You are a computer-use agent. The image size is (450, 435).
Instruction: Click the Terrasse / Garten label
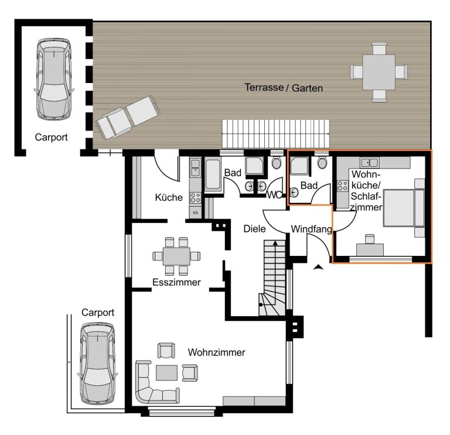tap(284, 87)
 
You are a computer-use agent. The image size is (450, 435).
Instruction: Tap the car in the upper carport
tap(54, 79)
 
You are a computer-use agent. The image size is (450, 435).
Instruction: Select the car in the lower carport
tap(98, 364)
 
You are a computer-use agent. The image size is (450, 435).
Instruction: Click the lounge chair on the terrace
tap(128, 117)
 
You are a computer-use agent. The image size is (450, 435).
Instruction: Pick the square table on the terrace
tap(379, 72)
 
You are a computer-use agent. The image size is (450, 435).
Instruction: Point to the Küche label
tap(169, 197)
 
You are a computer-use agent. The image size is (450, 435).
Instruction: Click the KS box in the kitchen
tap(196, 213)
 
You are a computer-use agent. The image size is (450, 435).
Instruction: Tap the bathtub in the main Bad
tap(213, 174)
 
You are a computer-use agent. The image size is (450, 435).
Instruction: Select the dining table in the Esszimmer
tap(176, 256)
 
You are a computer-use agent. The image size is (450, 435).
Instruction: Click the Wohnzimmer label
tap(217, 352)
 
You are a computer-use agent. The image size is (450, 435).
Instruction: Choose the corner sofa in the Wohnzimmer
tap(156, 382)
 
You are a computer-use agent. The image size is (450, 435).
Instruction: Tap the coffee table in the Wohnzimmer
tap(166, 373)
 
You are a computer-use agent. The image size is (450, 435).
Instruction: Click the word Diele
tap(254, 229)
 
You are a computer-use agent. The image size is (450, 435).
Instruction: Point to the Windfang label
tap(311, 229)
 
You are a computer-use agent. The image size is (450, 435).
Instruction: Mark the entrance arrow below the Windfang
tap(318, 267)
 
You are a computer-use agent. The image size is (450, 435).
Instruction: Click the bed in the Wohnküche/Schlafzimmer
tap(404, 207)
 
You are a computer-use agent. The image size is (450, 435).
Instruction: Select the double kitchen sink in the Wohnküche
tap(370, 163)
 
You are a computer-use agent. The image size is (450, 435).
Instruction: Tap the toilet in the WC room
tap(277, 162)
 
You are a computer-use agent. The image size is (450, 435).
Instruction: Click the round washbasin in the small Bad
tap(294, 193)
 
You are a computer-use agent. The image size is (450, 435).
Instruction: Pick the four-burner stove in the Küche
tap(196, 198)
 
